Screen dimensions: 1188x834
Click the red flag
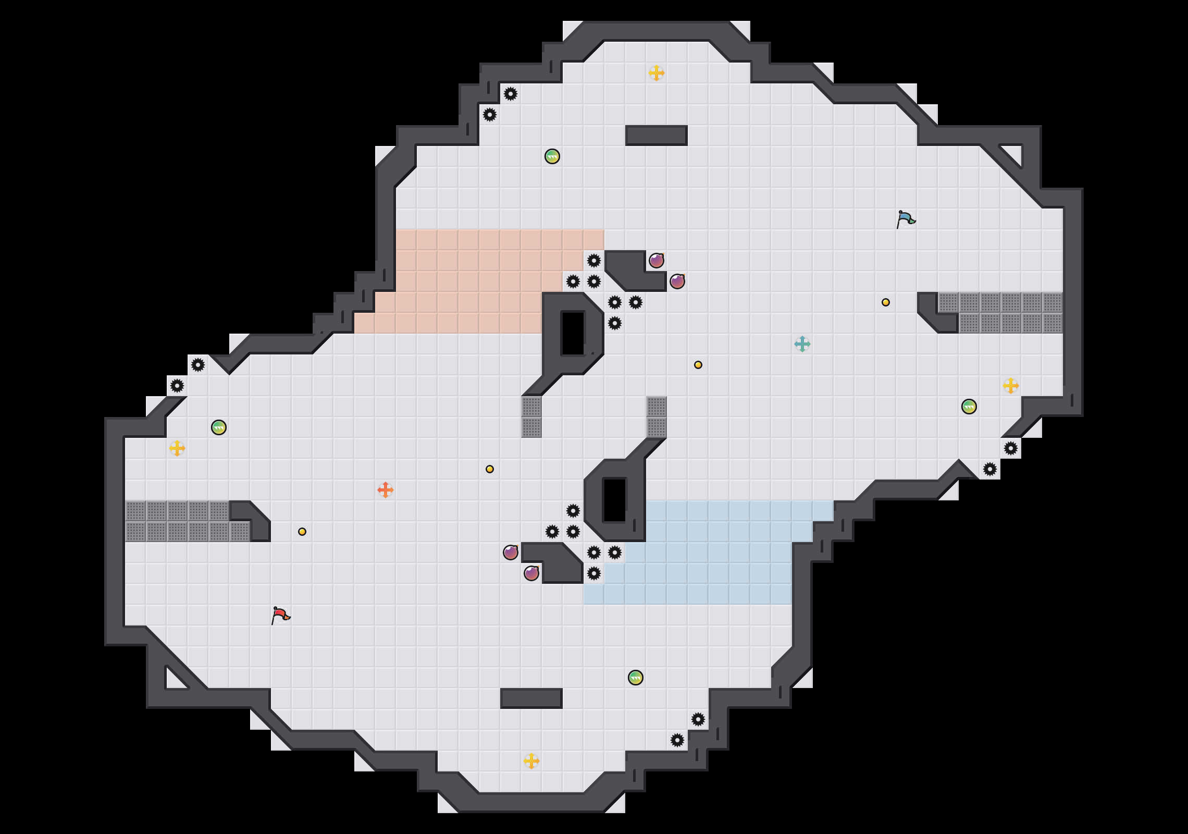(x=280, y=615)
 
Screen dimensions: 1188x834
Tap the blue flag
(x=906, y=219)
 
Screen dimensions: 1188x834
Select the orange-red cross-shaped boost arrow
(x=386, y=490)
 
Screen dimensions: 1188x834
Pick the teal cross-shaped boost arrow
(x=802, y=344)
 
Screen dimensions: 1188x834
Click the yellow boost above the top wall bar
(x=657, y=73)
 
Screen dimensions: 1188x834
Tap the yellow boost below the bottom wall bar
(x=531, y=761)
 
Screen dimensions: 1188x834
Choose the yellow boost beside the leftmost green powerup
(x=177, y=448)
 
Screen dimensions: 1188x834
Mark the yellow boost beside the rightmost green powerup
(x=1011, y=386)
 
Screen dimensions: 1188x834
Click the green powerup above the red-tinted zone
(x=552, y=156)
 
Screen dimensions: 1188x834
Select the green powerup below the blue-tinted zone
(x=636, y=678)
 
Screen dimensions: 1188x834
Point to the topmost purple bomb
(x=657, y=261)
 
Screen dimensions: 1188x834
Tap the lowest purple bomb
(x=531, y=573)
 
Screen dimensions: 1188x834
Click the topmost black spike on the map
(x=511, y=94)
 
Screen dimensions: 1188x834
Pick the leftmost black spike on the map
(x=177, y=386)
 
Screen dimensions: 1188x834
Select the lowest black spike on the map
(x=677, y=740)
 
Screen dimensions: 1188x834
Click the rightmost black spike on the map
(x=1011, y=448)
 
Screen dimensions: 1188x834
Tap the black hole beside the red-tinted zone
(x=573, y=334)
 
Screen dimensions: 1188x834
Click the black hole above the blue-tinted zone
(x=615, y=500)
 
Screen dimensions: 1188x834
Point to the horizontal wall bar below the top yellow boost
(x=657, y=136)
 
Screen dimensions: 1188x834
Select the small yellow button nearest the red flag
(x=302, y=532)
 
